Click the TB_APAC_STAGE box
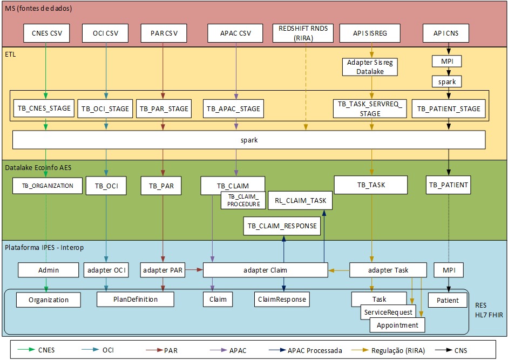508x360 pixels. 234,108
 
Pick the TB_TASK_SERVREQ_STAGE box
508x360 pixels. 370,108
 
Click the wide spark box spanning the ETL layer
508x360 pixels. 249,140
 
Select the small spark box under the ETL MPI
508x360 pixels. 446,81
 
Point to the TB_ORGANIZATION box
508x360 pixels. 48,186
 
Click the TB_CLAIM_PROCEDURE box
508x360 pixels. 243,200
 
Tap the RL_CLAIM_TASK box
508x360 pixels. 300,200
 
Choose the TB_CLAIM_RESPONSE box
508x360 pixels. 282,226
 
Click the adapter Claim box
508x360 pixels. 265,270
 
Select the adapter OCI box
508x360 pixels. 106,270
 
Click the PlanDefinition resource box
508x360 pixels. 136,299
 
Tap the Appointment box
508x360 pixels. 398,325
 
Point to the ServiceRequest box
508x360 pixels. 389,312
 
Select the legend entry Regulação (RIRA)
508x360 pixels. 397,350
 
